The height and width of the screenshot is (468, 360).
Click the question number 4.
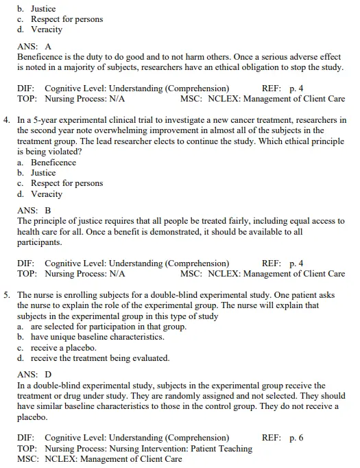pos(6,119)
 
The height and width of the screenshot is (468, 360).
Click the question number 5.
pos(6,294)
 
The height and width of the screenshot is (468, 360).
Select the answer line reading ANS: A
pos(34,47)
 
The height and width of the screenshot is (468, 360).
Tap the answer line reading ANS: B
pos(34,211)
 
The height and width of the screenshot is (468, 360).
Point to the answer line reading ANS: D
pos(34,375)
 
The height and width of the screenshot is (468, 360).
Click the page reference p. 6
pos(296,438)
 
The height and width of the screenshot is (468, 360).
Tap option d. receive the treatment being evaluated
pos(93,358)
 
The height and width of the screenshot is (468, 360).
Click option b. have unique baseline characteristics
pos(91,337)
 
